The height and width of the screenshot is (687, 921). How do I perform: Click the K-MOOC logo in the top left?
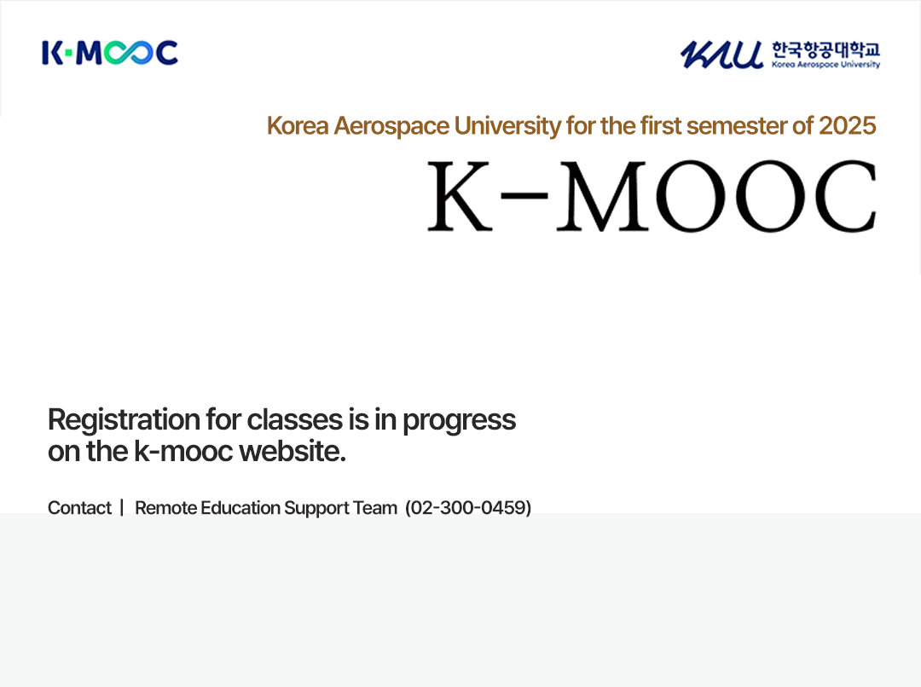(x=110, y=53)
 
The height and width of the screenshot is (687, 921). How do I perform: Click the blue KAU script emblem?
(x=722, y=55)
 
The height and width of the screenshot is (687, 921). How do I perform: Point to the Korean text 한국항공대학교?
(x=825, y=49)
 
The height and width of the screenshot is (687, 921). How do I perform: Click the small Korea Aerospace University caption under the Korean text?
(x=825, y=65)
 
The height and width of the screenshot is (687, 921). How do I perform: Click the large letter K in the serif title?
(x=460, y=195)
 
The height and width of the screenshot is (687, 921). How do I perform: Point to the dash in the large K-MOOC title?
(x=524, y=194)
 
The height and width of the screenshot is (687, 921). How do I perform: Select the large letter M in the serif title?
(x=603, y=195)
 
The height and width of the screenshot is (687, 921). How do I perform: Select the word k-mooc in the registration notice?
(x=184, y=451)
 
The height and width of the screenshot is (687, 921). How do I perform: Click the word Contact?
(x=79, y=507)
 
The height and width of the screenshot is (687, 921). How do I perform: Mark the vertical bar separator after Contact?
(x=122, y=507)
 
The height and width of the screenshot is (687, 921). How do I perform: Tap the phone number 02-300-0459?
(x=468, y=507)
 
